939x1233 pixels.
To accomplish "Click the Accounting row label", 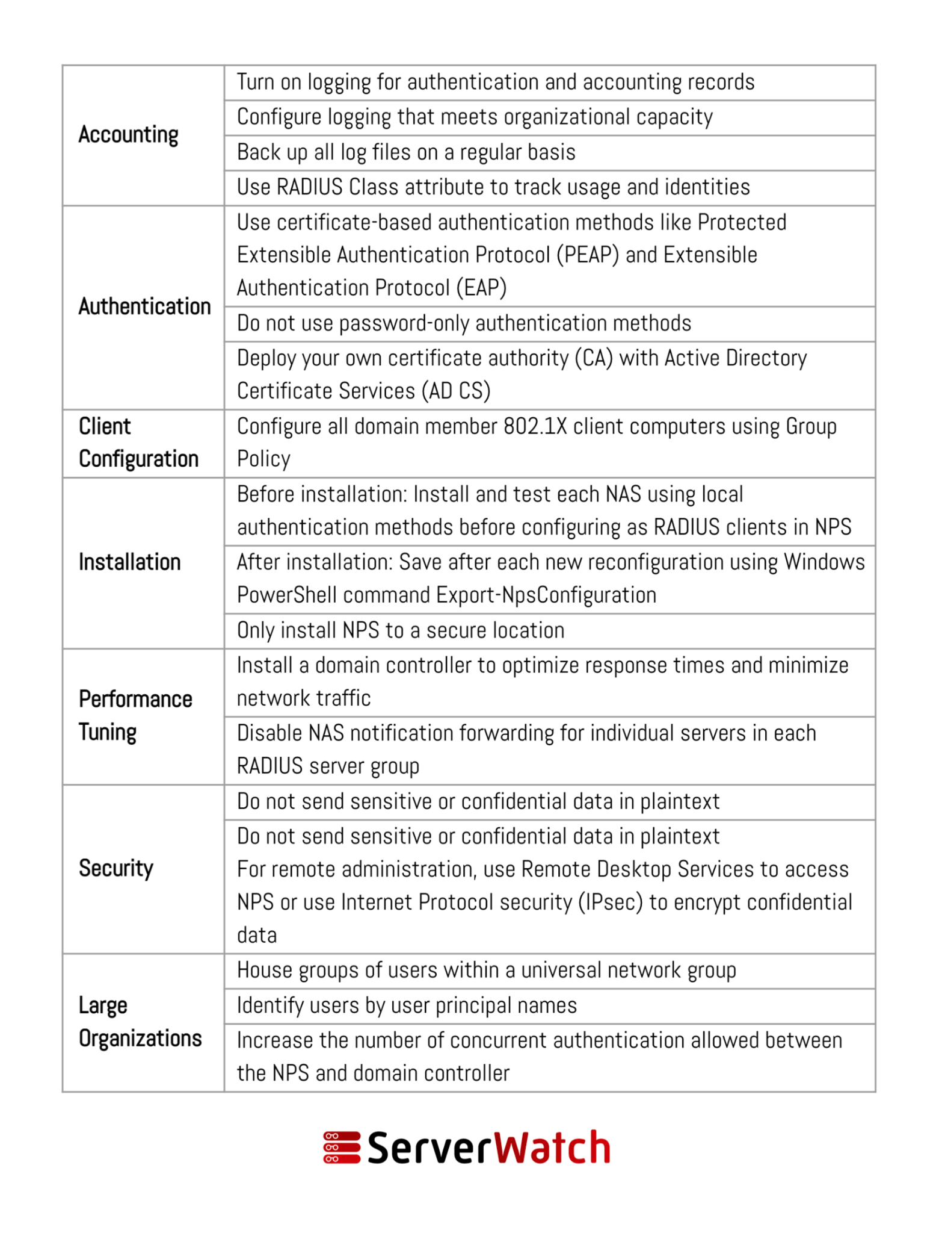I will click(x=128, y=135).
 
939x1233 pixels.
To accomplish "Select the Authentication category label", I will click(x=144, y=306).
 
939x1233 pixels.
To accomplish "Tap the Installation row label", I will click(x=129, y=562).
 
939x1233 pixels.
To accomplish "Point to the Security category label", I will click(x=115, y=868).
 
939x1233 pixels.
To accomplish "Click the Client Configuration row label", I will click(x=138, y=443).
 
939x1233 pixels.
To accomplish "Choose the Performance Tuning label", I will click(x=135, y=716).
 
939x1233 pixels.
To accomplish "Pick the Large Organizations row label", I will click(x=140, y=1022).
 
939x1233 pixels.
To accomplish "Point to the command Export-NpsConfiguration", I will click(x=546, y=595).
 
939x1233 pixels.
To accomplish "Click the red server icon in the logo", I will click(x=342, y=1147).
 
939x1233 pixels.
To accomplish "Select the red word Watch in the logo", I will click(x=552, y=1147).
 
